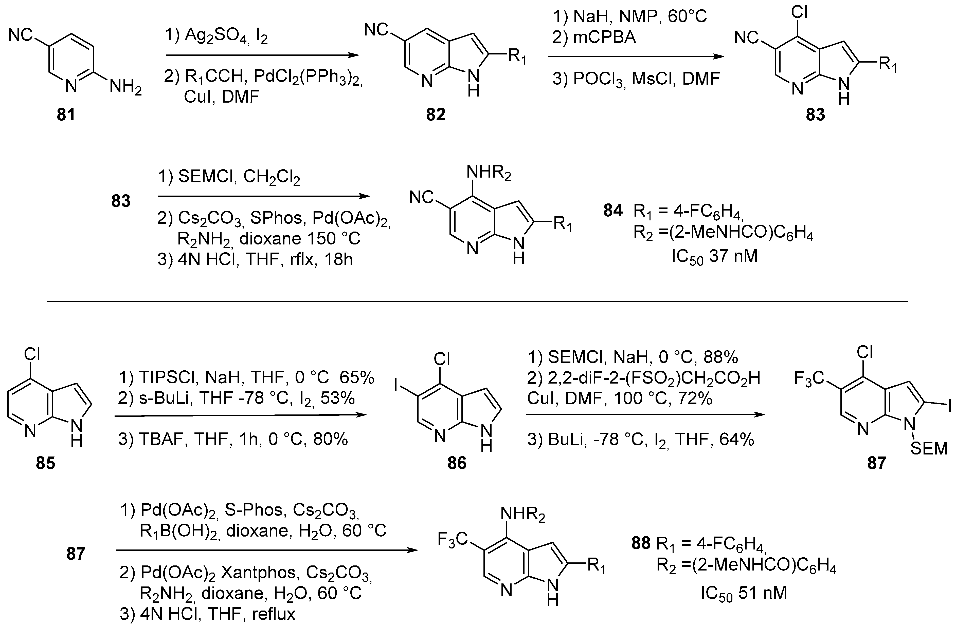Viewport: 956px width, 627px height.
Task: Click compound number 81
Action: [x=66, y=115]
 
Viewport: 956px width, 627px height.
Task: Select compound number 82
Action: [x=436, y=115]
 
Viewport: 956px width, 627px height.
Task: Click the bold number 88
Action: [x=641, y=543]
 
